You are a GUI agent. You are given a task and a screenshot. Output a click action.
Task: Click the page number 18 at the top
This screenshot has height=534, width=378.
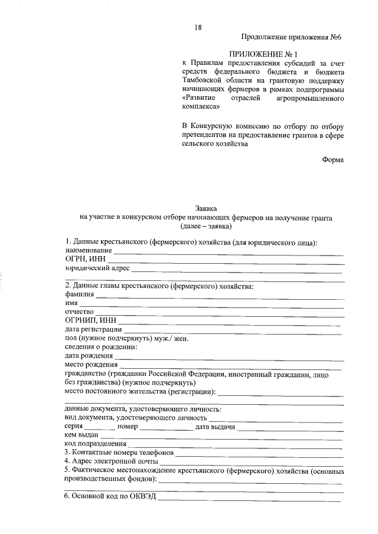198,27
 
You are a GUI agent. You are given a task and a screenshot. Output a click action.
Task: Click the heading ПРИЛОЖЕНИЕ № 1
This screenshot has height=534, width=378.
263,54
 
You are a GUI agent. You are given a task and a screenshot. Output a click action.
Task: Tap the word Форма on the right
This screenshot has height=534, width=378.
333,159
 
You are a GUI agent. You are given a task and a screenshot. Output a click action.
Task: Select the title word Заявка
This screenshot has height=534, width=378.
206,208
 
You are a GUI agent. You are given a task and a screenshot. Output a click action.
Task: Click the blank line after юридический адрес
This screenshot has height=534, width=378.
236,271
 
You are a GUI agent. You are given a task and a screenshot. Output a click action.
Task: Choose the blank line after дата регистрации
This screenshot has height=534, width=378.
233,330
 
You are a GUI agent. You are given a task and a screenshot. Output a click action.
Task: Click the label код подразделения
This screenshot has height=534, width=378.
96,444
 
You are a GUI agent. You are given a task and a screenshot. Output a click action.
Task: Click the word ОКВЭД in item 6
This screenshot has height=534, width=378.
141,497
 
